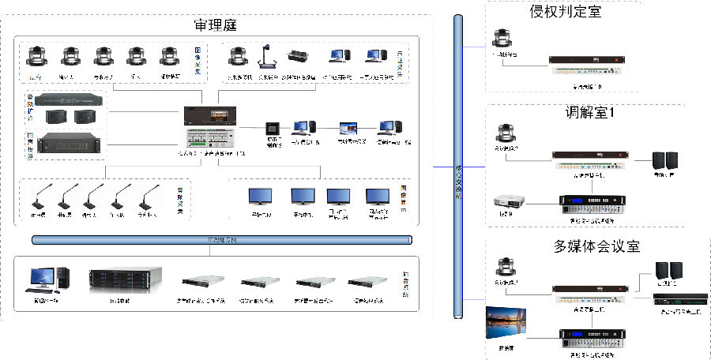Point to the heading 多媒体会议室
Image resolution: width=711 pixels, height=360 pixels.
597,246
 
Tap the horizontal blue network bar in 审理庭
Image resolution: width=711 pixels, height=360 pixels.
221,240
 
